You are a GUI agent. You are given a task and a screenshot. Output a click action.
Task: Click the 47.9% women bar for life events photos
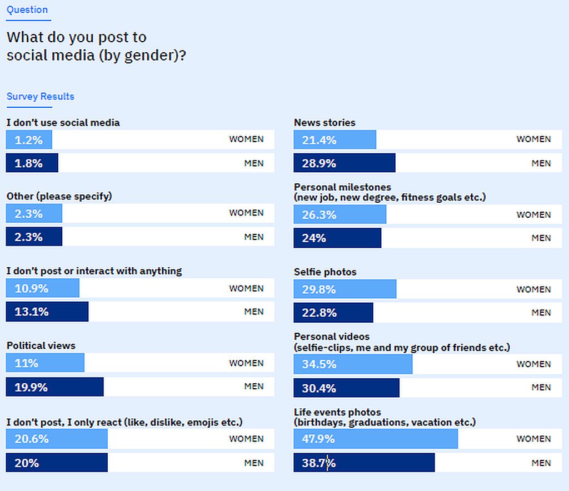click(376, 439)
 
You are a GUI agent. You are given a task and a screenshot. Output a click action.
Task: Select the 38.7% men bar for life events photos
click(364, 463)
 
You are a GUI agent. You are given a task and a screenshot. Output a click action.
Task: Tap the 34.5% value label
click(319, 364)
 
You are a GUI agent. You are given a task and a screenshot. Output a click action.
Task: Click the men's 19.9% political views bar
click(54, 387)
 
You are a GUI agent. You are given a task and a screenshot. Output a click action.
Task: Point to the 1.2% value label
click(29, 140)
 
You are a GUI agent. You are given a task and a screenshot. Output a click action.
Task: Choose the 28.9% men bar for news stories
click(345, 163)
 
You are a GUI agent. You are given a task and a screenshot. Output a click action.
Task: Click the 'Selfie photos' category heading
click(325, 272)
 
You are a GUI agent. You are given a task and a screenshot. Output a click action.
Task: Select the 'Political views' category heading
click(41, 345)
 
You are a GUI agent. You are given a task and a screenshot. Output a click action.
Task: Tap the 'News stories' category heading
click(325, 123)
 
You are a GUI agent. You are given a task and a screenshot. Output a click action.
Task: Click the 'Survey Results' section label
click(40, 97)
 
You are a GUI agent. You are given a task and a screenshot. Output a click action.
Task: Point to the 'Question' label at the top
click(27, 10)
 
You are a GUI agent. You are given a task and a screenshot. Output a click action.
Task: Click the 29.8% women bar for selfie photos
click(345, 289)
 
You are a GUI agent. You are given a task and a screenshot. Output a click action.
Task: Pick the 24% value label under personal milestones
click(314, 238)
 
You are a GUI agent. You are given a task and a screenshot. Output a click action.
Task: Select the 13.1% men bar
click(47, 312)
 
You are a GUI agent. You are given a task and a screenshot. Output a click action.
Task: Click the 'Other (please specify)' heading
click(59, 196)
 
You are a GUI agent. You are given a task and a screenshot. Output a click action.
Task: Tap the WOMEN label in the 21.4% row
click(533, 139)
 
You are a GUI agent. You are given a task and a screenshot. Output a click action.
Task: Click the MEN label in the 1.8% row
click(254, 163)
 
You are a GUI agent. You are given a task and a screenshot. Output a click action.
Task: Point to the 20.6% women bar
click(57, 439)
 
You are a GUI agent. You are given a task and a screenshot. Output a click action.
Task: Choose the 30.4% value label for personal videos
click(319, 388)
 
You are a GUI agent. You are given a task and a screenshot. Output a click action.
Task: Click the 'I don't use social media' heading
click(63, 123)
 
